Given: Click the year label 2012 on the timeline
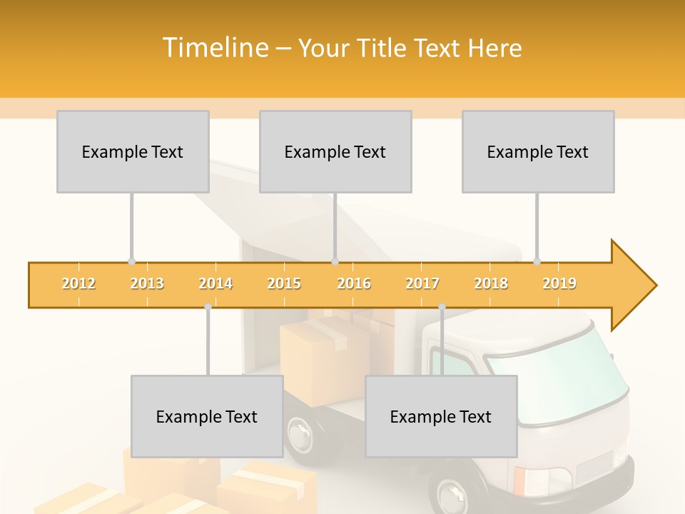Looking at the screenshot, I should (78, 283).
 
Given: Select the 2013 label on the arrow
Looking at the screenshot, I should (147, 283).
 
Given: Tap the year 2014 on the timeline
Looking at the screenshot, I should (215, 283).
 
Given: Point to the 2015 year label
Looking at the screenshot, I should (284, 283).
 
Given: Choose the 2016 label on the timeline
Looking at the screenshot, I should (354, 283).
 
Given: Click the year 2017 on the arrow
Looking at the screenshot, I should (422, 283).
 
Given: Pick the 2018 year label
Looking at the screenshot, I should (491, 283).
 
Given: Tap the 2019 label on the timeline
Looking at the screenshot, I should (559, 283).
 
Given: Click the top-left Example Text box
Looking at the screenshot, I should (133, 151).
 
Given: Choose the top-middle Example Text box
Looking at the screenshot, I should (335, 151).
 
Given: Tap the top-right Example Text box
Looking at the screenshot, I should (538, 151).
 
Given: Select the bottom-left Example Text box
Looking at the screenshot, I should (207, 416).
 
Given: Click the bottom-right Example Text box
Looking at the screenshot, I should (441, 416).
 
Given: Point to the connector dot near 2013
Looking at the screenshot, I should (131, 261).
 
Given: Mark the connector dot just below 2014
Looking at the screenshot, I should (208, 307).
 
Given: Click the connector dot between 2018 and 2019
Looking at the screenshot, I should (537, 261).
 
